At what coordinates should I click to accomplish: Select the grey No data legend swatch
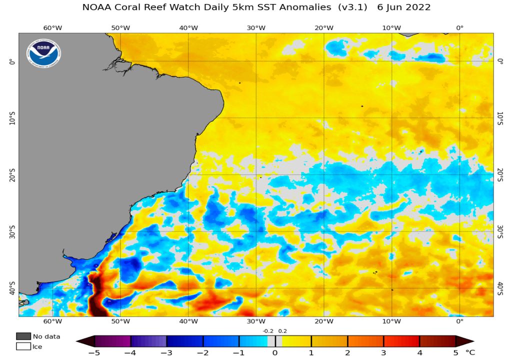coord(23,336)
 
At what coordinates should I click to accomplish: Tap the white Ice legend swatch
coord(23,346)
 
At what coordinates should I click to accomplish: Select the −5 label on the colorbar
coord(94,352)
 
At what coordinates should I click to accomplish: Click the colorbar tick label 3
coord(383,352)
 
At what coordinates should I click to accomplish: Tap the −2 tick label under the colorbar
coord(202,352)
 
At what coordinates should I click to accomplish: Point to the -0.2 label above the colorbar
coord(267,330)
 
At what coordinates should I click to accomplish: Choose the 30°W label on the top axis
coord(256,27)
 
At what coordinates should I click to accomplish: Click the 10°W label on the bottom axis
coord(391,321)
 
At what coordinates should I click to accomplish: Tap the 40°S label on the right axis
coord(500,288)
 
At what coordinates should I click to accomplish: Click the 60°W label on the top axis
coord(52,27)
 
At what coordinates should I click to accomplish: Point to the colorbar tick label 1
coord(311,352)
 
